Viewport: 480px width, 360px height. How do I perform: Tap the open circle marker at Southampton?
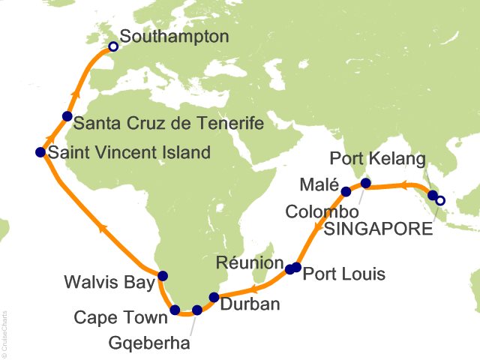(x=113, y=46)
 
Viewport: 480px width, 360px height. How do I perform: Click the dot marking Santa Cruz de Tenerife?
(x=67, y=116)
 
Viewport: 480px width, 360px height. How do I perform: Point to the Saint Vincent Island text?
(x=128, y=153)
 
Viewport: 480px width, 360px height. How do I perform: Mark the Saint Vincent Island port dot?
(x=40, y=152)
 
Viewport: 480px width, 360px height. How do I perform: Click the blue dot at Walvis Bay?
(x=163, y=275)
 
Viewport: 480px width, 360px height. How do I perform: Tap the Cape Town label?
(x=121, y=319)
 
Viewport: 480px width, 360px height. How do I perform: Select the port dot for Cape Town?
(x=175, y=310)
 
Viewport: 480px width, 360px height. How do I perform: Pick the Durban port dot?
(x=214, y=297)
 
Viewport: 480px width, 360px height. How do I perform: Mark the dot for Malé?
(x=346, y=192)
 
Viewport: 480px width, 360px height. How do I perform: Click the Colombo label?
(x=316, y=212)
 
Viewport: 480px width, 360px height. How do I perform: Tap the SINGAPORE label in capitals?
(x=378, y=229)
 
